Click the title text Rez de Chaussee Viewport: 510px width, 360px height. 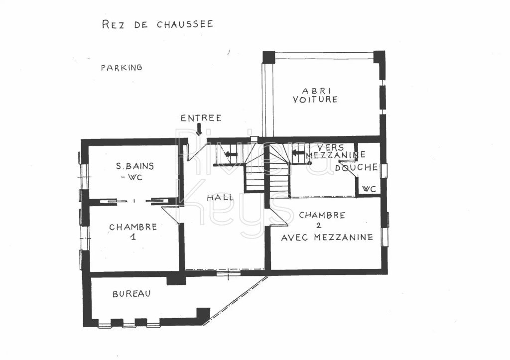(x=157, y=24)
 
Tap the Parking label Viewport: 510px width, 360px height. (x=122, y=68)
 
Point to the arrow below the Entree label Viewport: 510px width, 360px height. (x=199, y=129)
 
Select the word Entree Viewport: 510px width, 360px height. (x=201, y=118)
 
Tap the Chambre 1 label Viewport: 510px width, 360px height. (x=133, y=232)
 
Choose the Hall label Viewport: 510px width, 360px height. (x=221, y=197)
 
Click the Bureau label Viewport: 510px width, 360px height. (x=131, y=294)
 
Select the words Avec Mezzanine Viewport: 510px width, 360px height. (x=327, y=238)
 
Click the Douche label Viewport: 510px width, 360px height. (x=356, y=168)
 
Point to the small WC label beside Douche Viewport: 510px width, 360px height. (x=369, y=189)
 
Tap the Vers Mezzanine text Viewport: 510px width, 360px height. (x=333, y=151)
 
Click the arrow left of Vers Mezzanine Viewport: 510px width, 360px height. (x=298, y=153)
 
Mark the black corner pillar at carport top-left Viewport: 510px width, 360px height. (x=269, y=57)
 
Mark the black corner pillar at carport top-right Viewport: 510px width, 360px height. (x=379, y=57)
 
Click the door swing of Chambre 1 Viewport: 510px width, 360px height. (x=171, y=214)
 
